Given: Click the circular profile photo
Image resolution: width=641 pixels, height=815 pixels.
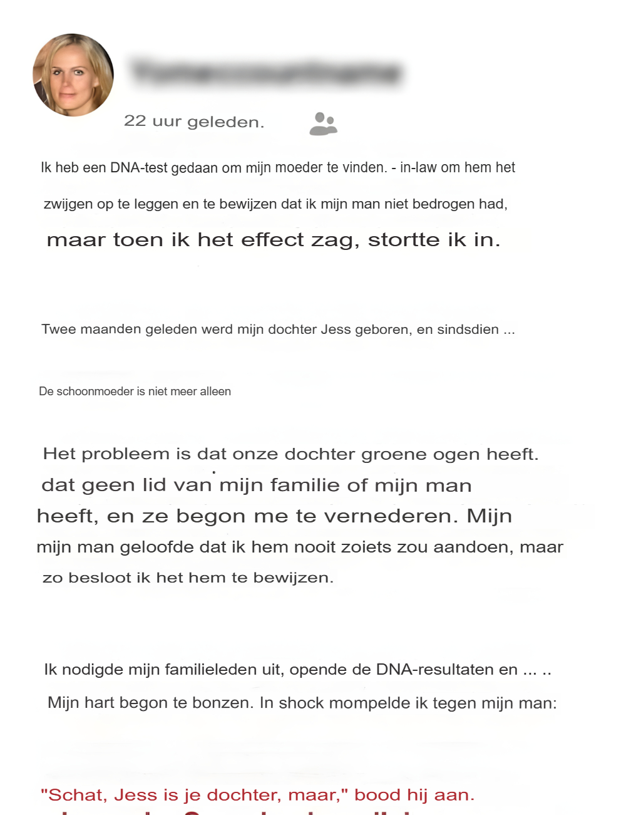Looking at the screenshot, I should (x=73, y=75).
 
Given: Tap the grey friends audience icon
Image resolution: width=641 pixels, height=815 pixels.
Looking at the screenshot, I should (x=323, y=124).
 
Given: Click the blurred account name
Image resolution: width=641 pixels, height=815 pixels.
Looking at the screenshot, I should (x=266, y=73).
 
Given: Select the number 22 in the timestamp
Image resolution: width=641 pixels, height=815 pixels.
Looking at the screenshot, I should (x=135, y=120).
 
